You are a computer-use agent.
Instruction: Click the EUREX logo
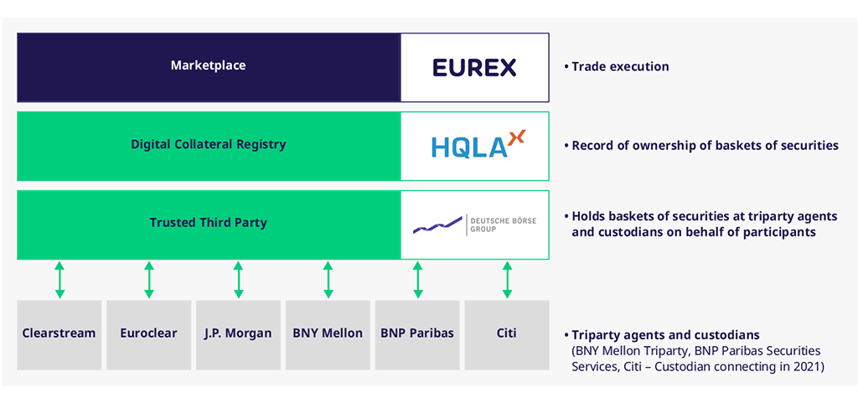474,67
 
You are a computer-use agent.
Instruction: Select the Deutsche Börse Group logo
474,225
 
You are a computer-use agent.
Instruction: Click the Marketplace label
208,66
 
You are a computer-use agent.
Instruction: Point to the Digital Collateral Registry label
208,145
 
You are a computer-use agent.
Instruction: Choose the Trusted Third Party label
208,223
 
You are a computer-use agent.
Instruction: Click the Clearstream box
59,333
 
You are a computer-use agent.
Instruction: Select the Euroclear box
148,333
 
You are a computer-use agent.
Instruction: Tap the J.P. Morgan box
238,333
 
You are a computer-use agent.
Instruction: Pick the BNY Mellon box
328,333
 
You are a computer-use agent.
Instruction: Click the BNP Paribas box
417,333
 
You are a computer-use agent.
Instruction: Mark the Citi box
506,333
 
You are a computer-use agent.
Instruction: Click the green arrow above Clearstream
59,280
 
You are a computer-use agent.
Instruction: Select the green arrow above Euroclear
148,280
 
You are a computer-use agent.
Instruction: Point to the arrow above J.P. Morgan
238,280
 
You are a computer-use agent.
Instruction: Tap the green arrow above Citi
506,280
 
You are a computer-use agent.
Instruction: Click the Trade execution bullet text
620,67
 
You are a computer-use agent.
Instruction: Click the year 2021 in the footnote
809,366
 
